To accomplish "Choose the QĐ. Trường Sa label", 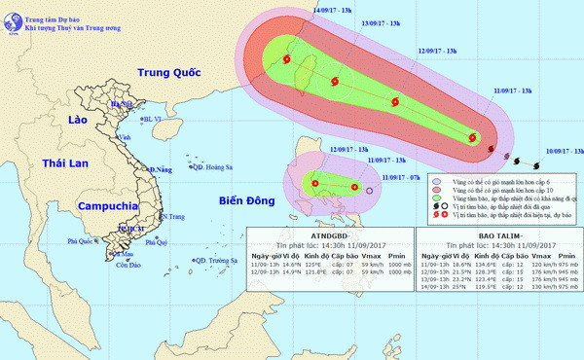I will [216, 260].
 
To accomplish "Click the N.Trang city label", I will [173, 216].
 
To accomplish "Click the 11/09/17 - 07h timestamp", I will [400, 176].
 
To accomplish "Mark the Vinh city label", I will [124, 137].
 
